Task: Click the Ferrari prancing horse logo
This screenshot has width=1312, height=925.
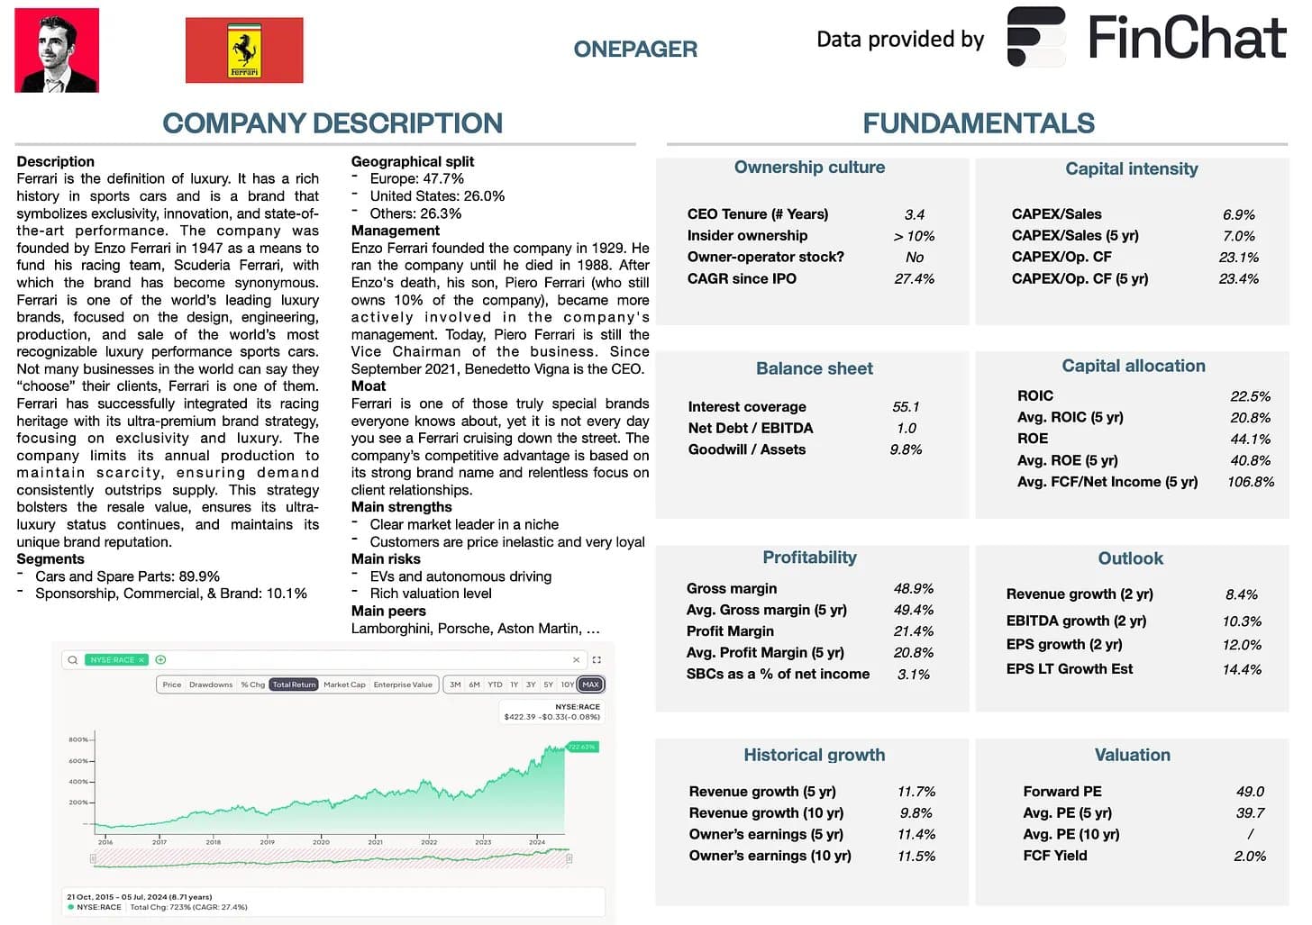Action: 244,52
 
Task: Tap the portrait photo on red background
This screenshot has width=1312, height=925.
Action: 57,50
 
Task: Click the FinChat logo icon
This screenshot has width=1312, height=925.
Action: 1036,37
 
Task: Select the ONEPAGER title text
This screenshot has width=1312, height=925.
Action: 635,49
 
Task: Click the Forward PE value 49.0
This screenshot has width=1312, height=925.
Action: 1250,792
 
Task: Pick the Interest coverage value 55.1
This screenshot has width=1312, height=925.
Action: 906,407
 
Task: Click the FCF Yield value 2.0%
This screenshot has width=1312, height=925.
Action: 1250,857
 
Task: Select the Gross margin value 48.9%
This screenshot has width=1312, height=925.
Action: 913,589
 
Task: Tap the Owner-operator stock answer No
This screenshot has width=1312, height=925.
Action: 915,258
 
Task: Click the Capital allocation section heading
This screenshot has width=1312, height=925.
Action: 1133,366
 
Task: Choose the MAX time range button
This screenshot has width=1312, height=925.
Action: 590,685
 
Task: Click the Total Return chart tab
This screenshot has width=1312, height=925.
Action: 294,685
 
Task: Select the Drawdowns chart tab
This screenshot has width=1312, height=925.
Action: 211,685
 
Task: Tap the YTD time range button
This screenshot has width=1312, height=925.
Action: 495,685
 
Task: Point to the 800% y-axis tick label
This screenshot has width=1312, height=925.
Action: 78,739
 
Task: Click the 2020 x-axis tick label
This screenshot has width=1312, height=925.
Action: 321,842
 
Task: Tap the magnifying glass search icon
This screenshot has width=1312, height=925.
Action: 72,660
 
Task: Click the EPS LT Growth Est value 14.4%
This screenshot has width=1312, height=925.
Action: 1242,670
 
